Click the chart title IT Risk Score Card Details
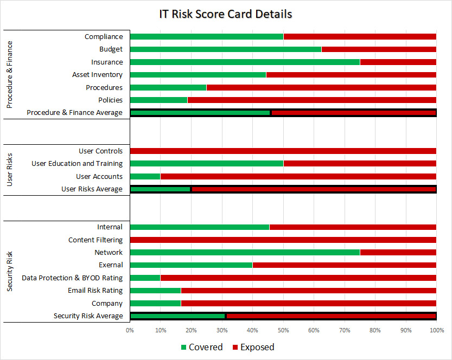point(226,14)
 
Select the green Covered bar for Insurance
point(245,62)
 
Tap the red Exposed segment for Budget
point(379,49)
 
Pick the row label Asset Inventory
point(97,75)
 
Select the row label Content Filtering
point(96,240)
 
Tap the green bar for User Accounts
point(145,176)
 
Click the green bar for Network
point(245,252)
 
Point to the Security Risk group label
point(10,272)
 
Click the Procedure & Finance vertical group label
point(10,74)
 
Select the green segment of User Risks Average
point(161,189)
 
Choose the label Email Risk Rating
point(96,291)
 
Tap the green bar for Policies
point(158,100)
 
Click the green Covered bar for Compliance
point(207,37)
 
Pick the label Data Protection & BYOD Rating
point(72,278)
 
